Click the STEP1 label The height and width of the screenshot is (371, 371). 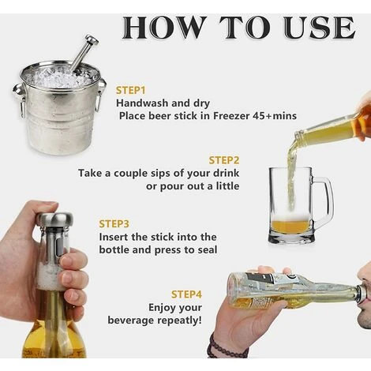pos(130,90)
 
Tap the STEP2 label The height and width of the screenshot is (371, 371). pos(224,160)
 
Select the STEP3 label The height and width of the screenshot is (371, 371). pos(114,224)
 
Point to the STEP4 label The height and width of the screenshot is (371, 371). pos(186,294)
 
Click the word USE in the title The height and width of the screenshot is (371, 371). pos(320,28)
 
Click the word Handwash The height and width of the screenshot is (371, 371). pos(142,103)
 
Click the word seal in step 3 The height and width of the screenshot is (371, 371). pos(208,249)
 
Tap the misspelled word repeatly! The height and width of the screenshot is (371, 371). pos(180,320)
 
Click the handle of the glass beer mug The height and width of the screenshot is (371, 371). pos(326,202)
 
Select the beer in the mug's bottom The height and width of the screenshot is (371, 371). pos(290,227)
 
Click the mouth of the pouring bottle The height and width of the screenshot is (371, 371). pos(298,137)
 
